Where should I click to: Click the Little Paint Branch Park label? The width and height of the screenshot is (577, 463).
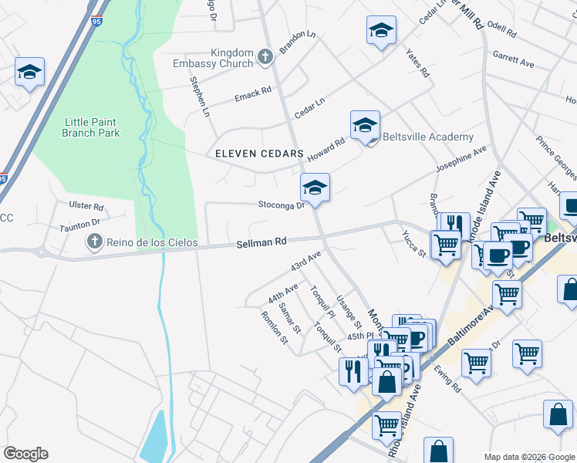[92, 127]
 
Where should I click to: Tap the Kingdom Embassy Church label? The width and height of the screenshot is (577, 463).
[221, 58]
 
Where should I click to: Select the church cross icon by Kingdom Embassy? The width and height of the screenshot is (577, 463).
[265, 56]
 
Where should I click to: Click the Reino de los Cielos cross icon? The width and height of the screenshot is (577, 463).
[94, 243]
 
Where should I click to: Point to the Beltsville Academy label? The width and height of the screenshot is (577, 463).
[427, 137]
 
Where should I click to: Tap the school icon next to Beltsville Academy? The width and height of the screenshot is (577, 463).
[366, 124]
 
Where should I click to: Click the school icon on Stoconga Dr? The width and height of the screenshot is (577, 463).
[315, 188]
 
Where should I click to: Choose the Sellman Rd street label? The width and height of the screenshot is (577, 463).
[262, 242]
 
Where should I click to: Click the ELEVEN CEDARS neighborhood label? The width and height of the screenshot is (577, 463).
[259, 154]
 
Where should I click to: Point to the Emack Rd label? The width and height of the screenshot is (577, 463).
[253, 95]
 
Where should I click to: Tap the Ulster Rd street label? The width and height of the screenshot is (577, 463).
[86, 207]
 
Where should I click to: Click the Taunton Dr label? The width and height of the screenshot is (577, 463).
[80, 224]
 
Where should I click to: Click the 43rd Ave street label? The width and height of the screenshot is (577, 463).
[305, 261]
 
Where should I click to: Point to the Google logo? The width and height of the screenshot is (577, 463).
[25, 454]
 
